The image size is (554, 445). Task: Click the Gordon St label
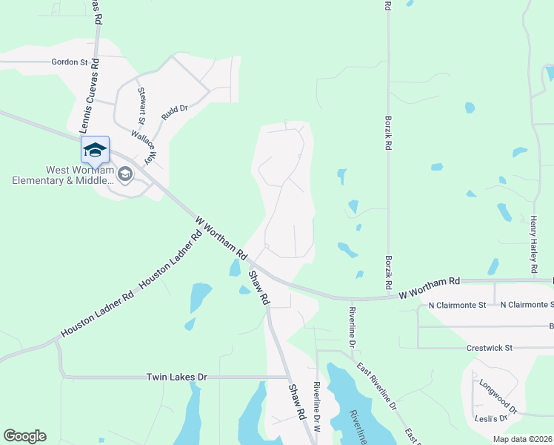70,62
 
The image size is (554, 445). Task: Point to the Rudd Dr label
175,111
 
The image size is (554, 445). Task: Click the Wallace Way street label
145,146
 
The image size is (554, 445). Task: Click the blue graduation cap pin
95,151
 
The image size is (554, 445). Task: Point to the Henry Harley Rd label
533,245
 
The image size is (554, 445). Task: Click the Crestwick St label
490,347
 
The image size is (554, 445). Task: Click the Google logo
24,436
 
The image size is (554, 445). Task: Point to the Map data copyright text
523,439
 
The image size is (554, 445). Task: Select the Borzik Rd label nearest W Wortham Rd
388,272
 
